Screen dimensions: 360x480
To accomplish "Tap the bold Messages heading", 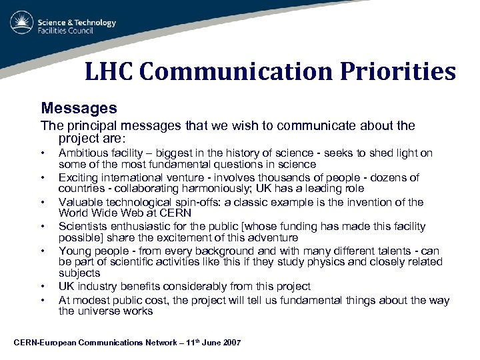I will click(x=79, y=107).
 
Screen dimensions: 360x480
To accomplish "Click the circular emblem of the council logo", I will click(x=22, y=23).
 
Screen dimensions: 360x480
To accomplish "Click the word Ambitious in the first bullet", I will click(x=82, y=153).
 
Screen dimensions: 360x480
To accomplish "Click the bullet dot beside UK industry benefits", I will click(x=43, y=287).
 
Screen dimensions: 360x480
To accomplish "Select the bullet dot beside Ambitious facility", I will click(x=43, y=153).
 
